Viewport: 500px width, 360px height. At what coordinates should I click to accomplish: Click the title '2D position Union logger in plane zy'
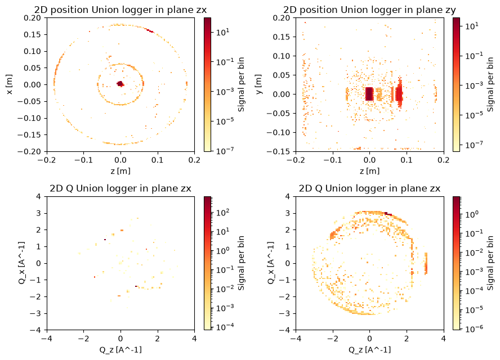tap(369, 10)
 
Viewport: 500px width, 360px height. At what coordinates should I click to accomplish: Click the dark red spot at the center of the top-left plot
tap(120, 84)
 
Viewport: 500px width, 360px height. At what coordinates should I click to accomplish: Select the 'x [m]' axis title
tap(10, 84)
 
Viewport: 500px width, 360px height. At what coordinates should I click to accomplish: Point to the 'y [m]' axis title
tap(258, 84)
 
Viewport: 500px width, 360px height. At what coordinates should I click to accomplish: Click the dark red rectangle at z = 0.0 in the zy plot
tap(369, 94)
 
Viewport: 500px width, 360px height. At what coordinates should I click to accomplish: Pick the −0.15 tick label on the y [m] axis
tap(278, 151)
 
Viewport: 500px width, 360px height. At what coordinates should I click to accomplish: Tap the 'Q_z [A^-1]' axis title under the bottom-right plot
tap(369, 350)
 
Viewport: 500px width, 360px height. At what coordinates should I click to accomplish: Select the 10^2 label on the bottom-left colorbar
tap(222, 213)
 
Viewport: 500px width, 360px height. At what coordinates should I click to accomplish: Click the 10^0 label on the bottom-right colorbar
tap(472, 214)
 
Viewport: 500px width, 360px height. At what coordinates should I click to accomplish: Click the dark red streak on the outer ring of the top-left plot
tap(150, 31)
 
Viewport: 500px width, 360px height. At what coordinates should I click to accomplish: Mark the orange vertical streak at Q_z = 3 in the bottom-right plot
tap(426, 263)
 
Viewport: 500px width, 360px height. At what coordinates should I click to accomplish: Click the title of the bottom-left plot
tap(120, 188)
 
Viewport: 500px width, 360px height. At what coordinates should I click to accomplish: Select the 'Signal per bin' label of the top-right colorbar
tap(490, 84)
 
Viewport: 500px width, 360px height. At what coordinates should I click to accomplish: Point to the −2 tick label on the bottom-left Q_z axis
tap(83, 338)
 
